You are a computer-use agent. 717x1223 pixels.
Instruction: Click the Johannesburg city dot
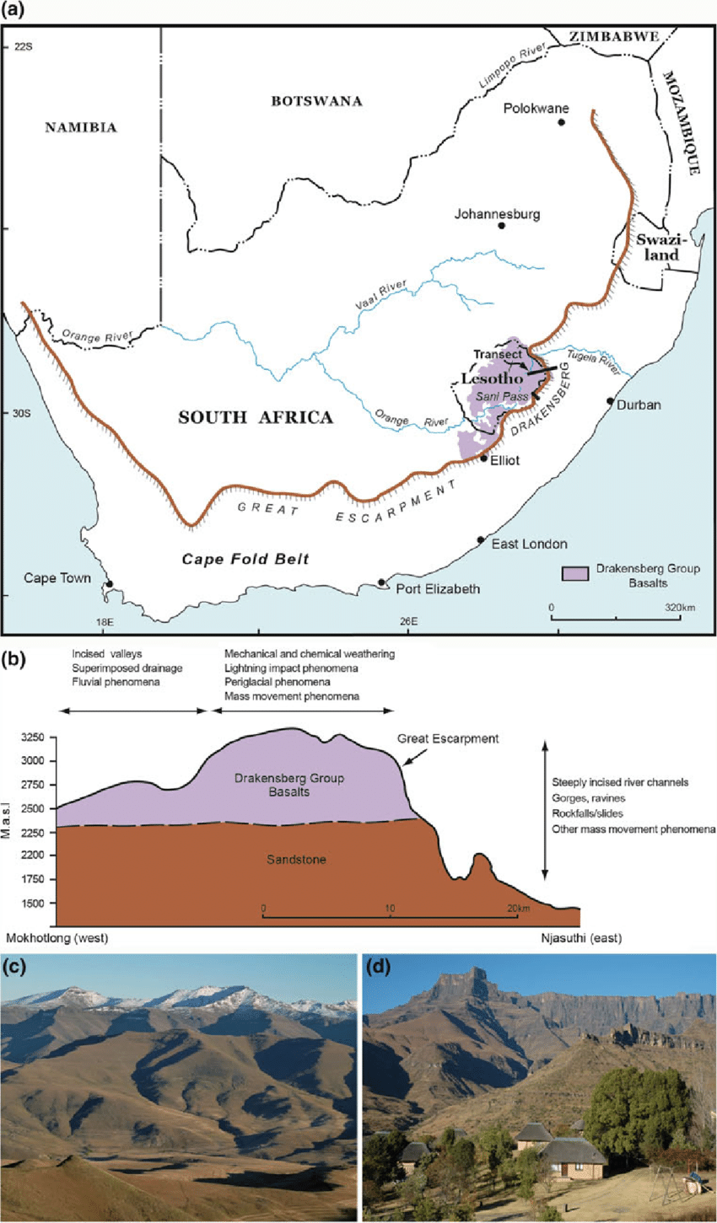pos(501,226)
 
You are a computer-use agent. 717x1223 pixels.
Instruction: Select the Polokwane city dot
pos(561,122)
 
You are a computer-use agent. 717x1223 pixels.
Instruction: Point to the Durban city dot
pos(610,401)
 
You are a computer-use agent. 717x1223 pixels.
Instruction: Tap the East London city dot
pos(481,539)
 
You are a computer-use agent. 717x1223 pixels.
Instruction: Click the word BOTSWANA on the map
pos(316,101)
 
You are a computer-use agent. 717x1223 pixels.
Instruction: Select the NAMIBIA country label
pos(81,128)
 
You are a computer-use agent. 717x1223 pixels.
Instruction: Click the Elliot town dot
pos(483,458)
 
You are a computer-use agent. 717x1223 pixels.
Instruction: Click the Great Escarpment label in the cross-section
pos(448,739)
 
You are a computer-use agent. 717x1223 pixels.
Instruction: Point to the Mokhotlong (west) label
pos(57,937)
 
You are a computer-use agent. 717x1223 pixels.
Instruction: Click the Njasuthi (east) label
pos(582,937)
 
